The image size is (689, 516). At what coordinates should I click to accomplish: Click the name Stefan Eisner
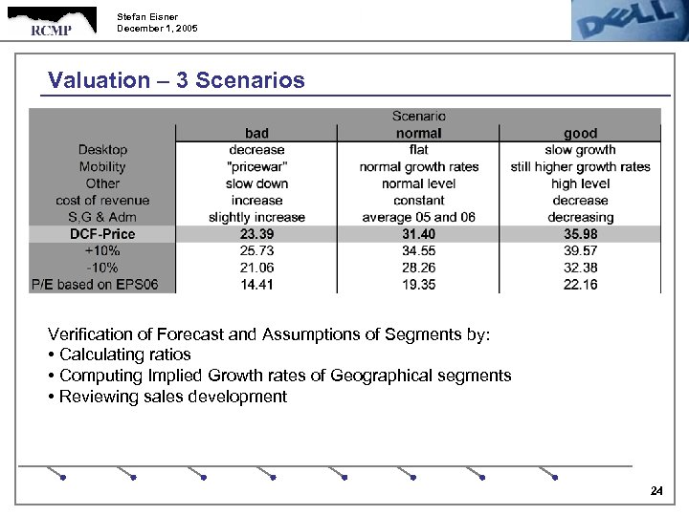click(147, 16)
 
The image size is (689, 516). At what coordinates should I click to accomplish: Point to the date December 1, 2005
click(158, 29)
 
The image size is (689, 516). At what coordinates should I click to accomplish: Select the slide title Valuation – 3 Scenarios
click(176, 80)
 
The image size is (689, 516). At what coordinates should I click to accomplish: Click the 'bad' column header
click(256, 134)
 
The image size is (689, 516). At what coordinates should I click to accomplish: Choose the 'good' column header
click(580, 134)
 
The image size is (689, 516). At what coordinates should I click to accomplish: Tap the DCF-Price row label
click(102, 234)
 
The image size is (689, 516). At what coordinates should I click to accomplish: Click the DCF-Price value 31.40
click(418, 234)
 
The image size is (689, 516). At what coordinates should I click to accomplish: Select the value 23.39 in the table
click(256, 234)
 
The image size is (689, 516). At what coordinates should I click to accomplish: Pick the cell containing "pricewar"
click(256, 167)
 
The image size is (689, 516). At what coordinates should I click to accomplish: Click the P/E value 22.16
click(580, 284)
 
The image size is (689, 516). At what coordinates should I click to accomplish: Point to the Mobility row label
click(102, 167)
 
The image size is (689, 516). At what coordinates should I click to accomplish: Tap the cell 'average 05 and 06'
click(418, 217)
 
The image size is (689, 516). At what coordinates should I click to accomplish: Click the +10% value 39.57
click(580, 250)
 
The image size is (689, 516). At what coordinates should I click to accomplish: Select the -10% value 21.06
click(256, 268)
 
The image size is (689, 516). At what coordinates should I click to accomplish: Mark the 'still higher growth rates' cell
click(580, 167)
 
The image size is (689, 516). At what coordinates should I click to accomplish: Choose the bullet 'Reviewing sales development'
click(172, 397)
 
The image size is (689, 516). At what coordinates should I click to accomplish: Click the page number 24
click(656, 491)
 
